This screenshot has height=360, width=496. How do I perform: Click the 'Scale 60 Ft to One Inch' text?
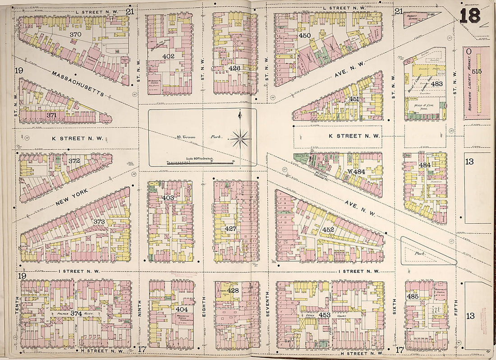coord(202,159)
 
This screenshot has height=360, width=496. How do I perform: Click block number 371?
coord(52,115)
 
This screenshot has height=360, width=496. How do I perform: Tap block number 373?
coord(99,222)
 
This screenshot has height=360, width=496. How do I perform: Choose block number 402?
coord(168,56)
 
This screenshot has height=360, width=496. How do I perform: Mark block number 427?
coord(230,229)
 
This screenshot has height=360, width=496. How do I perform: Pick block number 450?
coord(305,36)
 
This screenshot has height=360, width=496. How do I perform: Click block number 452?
coord(328,230)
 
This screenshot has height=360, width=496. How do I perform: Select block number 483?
coord(436,83)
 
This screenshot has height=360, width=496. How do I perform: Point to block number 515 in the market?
coord(477,71)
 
